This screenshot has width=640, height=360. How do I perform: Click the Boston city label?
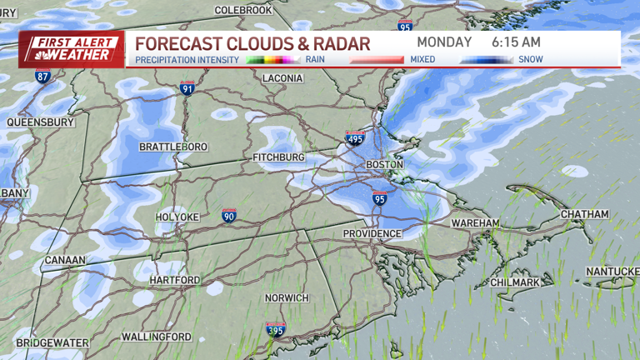coord(385,165)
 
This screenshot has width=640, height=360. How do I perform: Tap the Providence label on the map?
coord(372,234)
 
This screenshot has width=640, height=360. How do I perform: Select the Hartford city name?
coord(174,280)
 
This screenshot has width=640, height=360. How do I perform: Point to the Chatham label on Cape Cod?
coord(584,214)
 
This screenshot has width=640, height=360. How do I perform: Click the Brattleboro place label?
coord(172,147)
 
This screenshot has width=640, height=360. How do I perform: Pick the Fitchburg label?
coord(278,157)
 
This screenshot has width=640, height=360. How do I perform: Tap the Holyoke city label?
coord(177,217)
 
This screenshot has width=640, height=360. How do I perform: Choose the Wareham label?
coord(475,223)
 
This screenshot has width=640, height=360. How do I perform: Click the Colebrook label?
coord(243,10)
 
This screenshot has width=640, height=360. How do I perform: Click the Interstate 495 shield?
coord(355,138)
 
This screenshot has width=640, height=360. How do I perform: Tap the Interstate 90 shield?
coord(229,216)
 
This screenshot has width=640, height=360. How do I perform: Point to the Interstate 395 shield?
coord(275,329)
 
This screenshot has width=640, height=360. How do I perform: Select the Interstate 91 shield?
coord(187,88)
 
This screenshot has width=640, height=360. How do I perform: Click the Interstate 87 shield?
coord(42,76)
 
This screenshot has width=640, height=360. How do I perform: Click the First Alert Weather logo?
coord(72,49)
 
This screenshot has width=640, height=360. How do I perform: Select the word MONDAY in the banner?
coord(444,42)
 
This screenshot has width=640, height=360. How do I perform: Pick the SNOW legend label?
coord(531,59)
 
